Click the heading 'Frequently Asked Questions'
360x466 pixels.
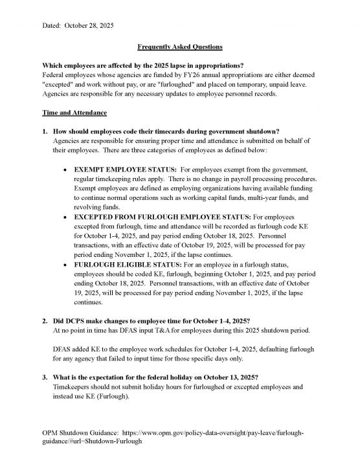pos(180,48)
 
